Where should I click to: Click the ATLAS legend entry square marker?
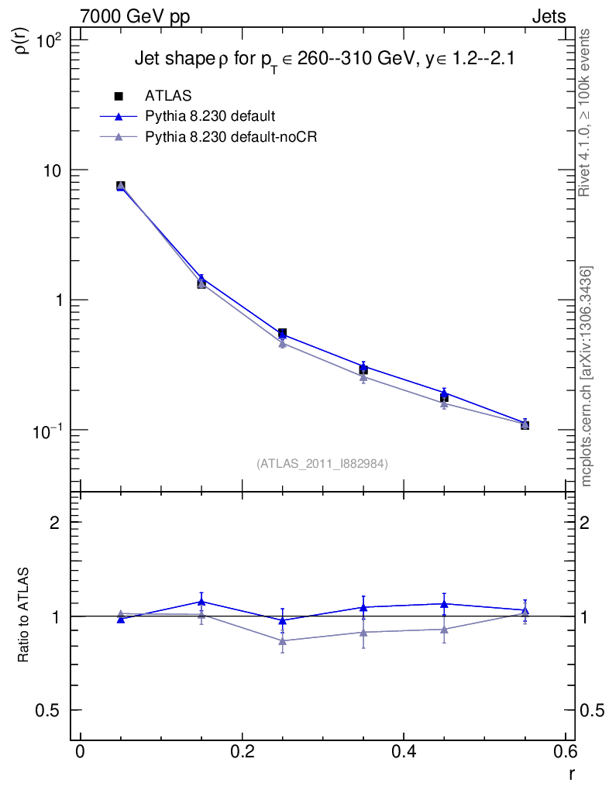(x=119, y=96)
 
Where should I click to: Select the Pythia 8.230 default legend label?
(x=210, y=116)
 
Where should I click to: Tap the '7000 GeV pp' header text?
(x=135, y=16)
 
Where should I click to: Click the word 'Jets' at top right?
(x=548, y=16)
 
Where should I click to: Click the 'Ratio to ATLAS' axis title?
(x=24, y=616)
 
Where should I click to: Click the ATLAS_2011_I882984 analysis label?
(x=322, y=463)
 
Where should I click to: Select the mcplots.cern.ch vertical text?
(x=587, y=376)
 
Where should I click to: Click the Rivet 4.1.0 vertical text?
(x=587, y=113)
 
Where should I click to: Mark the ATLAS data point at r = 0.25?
(x=282, y=333)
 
